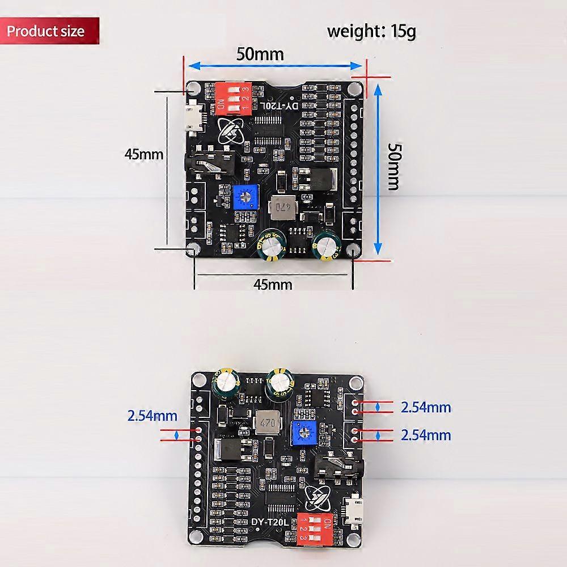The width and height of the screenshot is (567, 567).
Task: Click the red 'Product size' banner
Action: tap(50, 31)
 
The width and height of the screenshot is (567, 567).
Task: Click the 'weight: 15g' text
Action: tap(371, 31)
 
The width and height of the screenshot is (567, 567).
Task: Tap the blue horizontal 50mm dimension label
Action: tap(260, 55)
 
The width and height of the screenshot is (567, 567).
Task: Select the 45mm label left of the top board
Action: tap(144, 154)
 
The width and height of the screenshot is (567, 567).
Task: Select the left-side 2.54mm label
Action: tap(152, 416)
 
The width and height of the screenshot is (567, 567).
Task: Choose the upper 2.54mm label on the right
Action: tap(425, 407)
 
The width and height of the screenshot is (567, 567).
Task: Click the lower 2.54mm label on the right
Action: tap(425, 435)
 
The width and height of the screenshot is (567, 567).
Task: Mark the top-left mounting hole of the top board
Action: tap(193, 88)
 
